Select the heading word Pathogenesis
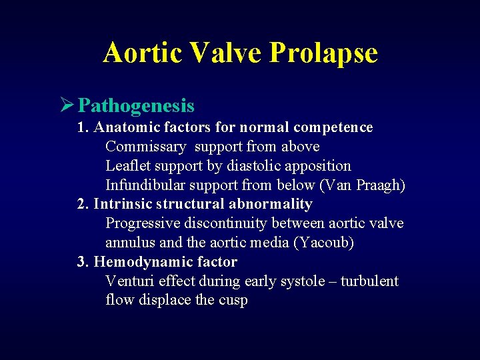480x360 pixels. coord(136,106)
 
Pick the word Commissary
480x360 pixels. coord(145,147)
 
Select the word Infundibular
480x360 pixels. coord(145,185)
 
